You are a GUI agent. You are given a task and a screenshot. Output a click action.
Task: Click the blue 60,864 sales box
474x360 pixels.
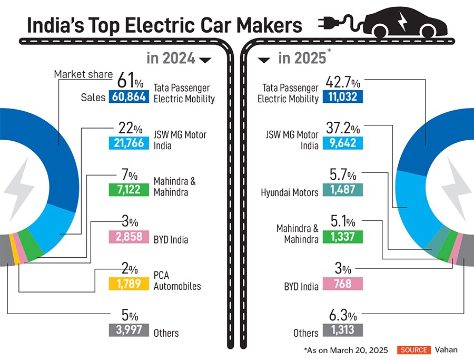tap(128, 97)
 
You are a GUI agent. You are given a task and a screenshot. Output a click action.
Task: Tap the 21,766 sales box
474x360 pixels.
tap(128, 143)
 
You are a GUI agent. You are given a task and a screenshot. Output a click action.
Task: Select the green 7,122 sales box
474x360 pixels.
tap(128, 189)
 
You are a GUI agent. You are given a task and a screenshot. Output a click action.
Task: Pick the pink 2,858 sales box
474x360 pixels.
tap(128, 236)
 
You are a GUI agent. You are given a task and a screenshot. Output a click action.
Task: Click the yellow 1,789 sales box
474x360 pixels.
tap(128, 284)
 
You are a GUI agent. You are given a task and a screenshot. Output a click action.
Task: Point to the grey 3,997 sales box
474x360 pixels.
tap(128, 330)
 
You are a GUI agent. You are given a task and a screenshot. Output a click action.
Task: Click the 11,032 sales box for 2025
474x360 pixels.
tap(343, 97)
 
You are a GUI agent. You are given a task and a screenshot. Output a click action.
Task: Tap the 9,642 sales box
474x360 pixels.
tap(343, 143)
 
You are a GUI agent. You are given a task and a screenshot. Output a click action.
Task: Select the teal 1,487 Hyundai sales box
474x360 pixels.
tap(343, 190)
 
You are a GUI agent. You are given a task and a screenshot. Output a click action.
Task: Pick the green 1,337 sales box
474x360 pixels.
tap(343, 237)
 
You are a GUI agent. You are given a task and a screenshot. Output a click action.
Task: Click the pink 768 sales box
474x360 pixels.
tap(343, 284)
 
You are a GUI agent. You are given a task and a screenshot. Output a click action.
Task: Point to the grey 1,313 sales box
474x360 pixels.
tap(343, 330)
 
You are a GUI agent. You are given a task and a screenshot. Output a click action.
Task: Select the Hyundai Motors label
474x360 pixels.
tap(290, 193)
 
